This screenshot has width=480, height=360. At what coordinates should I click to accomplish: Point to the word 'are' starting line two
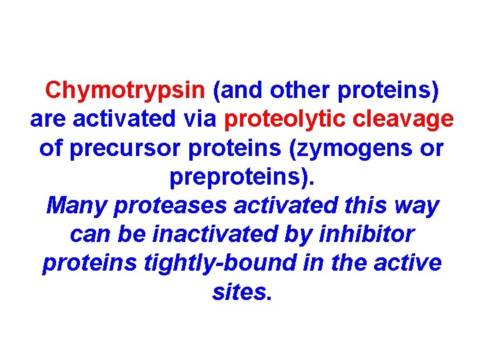(46, 119)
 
